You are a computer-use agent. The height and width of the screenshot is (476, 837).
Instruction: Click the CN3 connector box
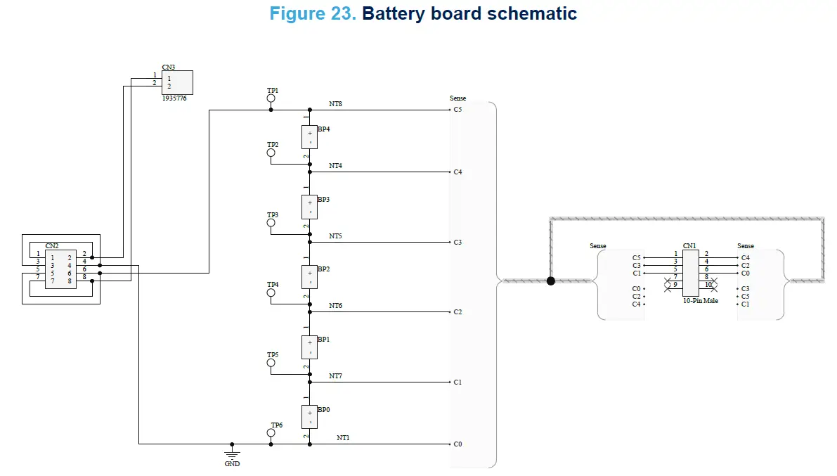tap(176, 82)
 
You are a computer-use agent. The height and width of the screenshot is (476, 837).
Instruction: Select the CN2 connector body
tap(60, 269)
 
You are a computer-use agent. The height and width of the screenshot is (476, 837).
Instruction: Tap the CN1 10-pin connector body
tap(690, 272)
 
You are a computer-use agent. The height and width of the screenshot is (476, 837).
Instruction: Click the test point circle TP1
tap(271, 98)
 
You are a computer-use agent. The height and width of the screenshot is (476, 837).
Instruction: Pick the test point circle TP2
tap(271, 153)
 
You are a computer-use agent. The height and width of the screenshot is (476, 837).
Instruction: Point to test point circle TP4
tap(271, 292)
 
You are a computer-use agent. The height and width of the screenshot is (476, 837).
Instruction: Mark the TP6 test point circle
tap(271, 433)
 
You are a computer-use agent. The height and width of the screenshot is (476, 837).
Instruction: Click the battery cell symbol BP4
tap(309, 137)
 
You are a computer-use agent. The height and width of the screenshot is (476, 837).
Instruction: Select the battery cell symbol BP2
tap(309, 277)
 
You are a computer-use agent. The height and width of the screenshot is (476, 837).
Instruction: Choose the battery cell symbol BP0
tap(309, 417)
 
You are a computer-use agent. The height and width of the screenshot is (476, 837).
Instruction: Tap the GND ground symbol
tap(232, 455)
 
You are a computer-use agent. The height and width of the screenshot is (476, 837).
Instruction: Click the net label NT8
tap(335, 104)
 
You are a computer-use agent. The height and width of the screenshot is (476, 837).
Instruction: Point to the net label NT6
tap(335, 306)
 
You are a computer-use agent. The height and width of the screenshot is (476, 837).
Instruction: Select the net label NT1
tap(343, 438)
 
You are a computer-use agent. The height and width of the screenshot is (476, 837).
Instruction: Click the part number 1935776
tap(174, 98)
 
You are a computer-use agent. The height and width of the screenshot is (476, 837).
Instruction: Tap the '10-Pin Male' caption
tap(701, 301)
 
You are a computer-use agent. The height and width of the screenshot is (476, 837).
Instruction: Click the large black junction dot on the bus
tap(551, 281)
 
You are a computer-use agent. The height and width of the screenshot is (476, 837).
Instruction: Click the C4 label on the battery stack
tap(458, 172)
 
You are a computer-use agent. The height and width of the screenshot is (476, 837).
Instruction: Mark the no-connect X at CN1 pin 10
tap(713, 285)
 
